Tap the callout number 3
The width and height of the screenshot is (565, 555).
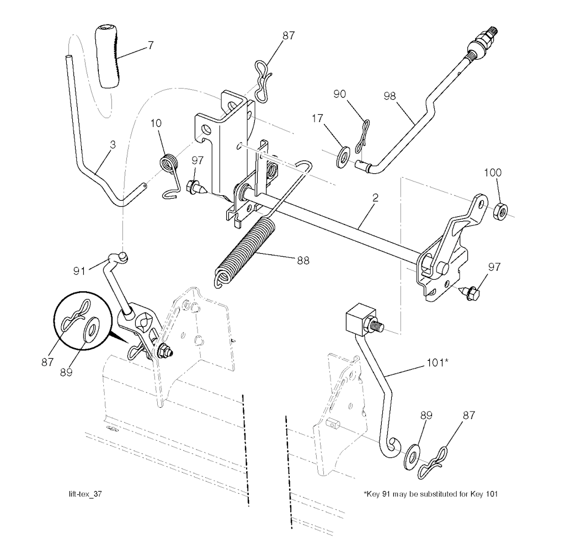pyautogui.click(x=113, y=145)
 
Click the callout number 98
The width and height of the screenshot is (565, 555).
pyautogui.click(x=390, y=96)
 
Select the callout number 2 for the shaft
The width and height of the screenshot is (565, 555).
pyautogui.click(x=375, y=198)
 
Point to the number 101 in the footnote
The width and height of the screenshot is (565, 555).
pyautogui.click(x=492, y=494)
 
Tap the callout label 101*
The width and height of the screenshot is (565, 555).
pyautogui.click(x=437, y=362)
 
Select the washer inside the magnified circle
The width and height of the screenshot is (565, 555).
pyautogui.click(x=92, y=328)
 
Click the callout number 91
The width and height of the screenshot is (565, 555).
pyautogui.click(x=79, y=271)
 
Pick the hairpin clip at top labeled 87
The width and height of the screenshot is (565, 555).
pyautogui.click(x=263, y=81)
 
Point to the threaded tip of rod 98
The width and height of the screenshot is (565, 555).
pyautogui.click(x=493, y=30)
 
